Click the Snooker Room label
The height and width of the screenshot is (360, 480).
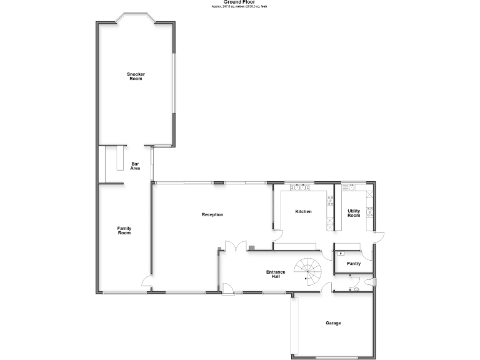pyautogui.click(x=136, y=76)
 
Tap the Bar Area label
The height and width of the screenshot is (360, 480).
pyautogui.click(x=135, y=166)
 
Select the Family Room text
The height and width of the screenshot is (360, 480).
pyautogui.click(x=124, y=231)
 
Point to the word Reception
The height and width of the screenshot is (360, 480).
pyautogui.click(x=212, y=214)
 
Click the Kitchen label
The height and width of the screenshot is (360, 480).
pyautogui.click(x=303, y=212)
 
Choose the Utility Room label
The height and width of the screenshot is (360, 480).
pyautogui.click(x=354, y=213)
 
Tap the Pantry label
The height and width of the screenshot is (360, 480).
pyautogui.click(x=354, y=264)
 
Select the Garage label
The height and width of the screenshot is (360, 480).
pyautogui.click(x=333, y=323)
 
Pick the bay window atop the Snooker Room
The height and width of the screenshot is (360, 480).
pyautogui.click(x=135, y=18)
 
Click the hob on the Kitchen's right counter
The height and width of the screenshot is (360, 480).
pyautogui.click(x=329, y=201)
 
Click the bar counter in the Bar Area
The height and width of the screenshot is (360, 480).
pyautogui.click(x=116, y=159)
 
